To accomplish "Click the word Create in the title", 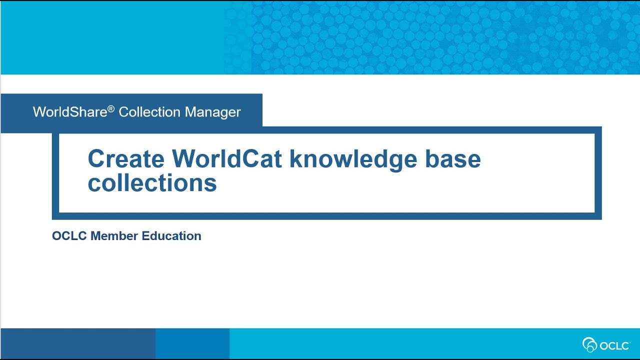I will point(125,159).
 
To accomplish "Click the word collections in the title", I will point(152,183).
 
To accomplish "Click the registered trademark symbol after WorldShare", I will point(111,108).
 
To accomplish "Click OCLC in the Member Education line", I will point(69,236).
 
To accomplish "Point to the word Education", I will point(171,236).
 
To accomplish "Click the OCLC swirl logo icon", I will point(590,344).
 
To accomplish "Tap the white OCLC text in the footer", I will point(613,345).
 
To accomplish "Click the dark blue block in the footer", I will point(78,344).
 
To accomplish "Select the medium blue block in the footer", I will point(192,344).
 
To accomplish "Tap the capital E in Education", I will point(145,236).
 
